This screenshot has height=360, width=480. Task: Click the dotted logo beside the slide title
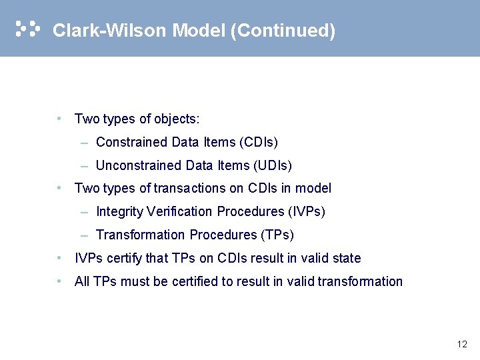[x=28, y=29]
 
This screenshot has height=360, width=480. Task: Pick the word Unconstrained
[x=132, y=165]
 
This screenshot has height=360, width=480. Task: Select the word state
[x=347, y=258]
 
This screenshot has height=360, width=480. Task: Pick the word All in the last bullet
[x=82, y=281]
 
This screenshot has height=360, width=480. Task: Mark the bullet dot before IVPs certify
[x=60, y=258]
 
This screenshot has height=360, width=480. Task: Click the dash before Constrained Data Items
[x=84, y=142]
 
